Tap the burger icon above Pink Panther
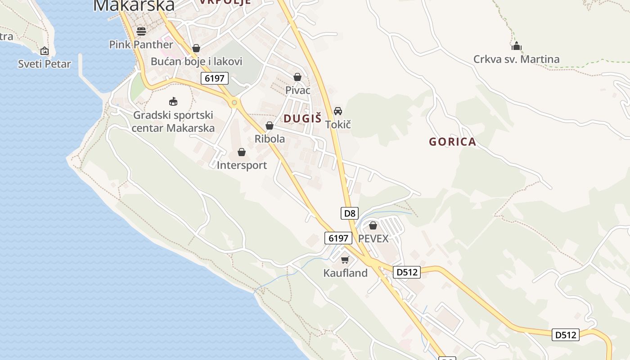(141, 31)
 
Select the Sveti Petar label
(45, 64)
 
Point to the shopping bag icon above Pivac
(297, 77)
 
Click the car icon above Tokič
(338, 111)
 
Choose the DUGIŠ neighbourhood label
(302, 118)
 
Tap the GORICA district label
(452, 142)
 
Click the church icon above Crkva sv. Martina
(516, 46)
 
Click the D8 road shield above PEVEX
(350, 213)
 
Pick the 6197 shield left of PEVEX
(338, 238)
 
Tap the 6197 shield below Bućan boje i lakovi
(215, 78)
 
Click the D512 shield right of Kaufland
(407, 272)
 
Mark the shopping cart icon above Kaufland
(345, 260)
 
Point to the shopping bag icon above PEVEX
(373, 225)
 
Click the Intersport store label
(242, 165)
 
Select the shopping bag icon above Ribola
(270, 126)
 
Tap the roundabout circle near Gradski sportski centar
(234, 103)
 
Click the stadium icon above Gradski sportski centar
(173, 102)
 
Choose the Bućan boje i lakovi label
(197, 61)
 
